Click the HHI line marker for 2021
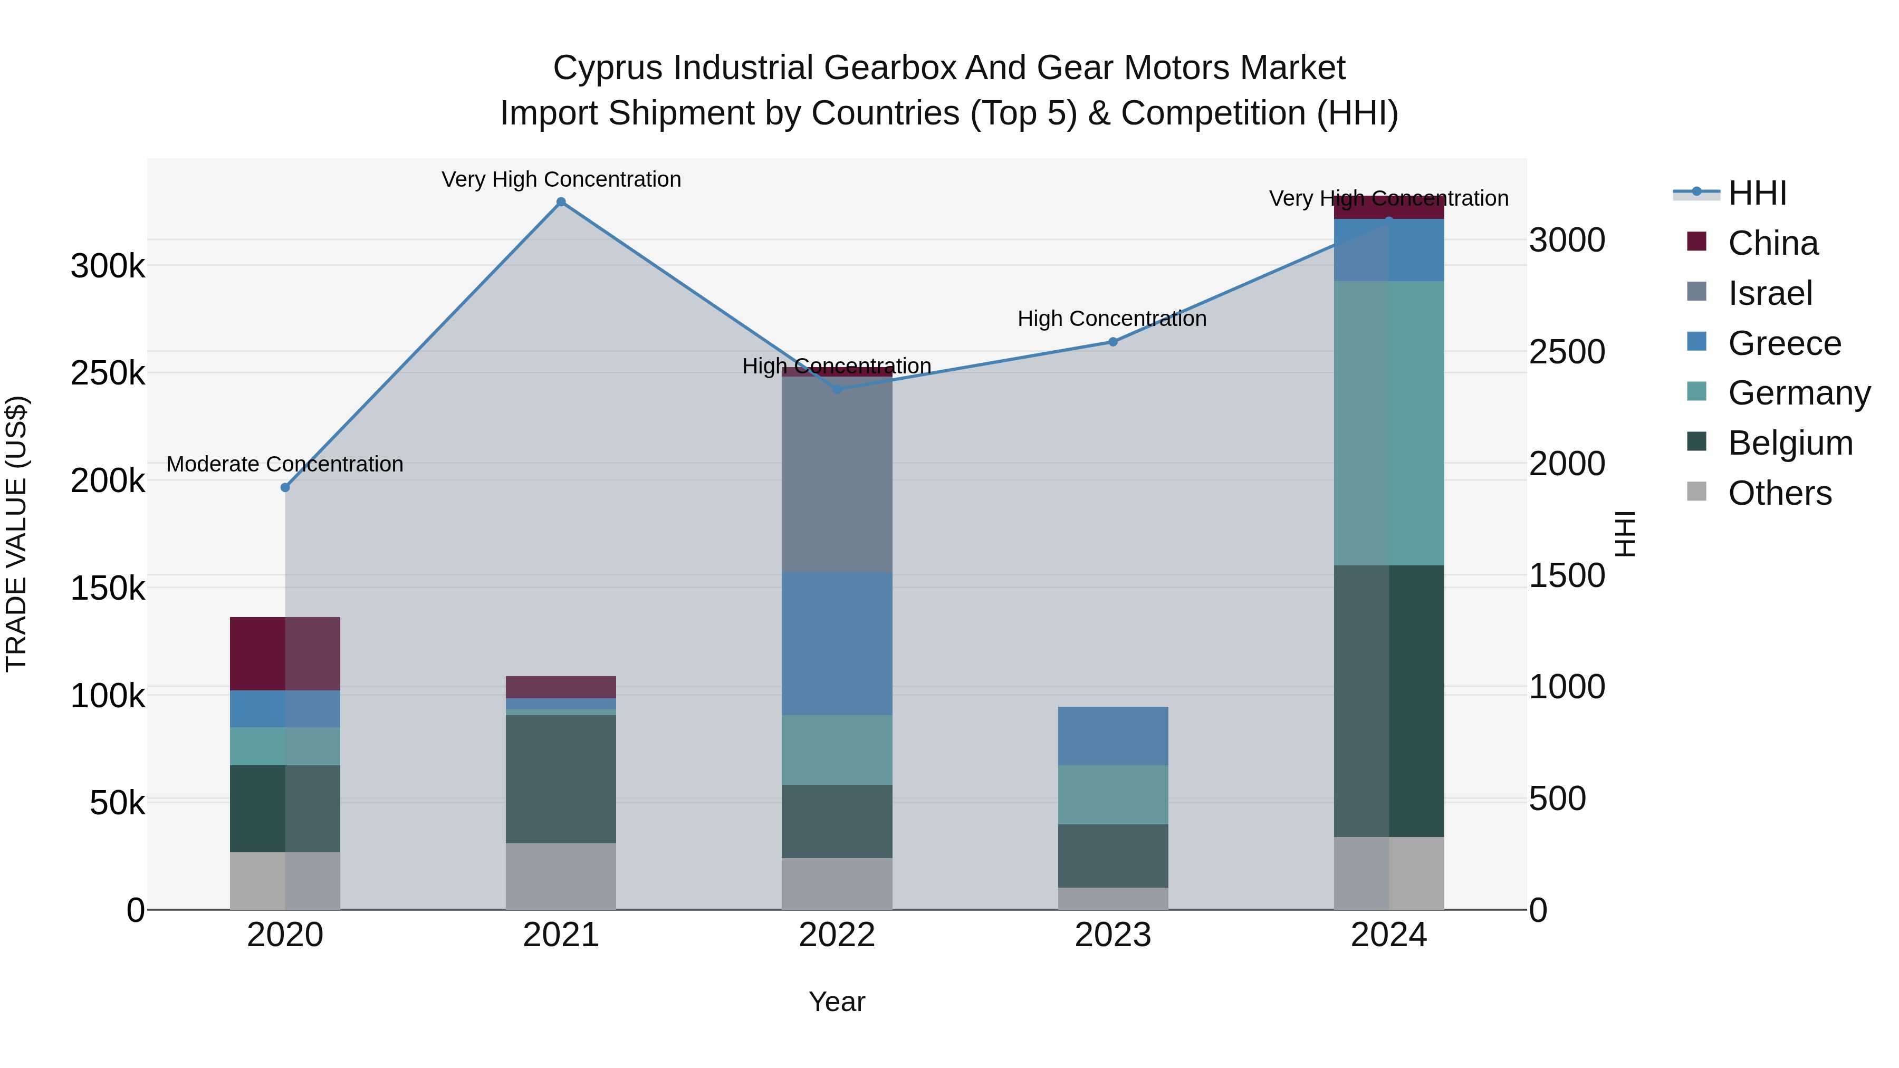[x=561, y=202]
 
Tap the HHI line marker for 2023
[x=1113, y=342]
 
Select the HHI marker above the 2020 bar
[x=285, y=487]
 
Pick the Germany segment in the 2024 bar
[x=1389, y=423]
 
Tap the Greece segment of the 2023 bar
[x=1113, y=736]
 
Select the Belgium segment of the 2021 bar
[x=561, y=778]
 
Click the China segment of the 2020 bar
[x=285, y=654]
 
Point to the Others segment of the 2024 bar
[x=1389, y=873]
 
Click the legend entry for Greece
[x=1783, y=343]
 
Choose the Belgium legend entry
[x=1789, y=444]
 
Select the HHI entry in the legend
[x=1756, y=193]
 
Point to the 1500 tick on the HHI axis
[x=1567, y=575]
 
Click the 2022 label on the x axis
[x=837, y=935]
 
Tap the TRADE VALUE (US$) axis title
[x=16, y=534]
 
